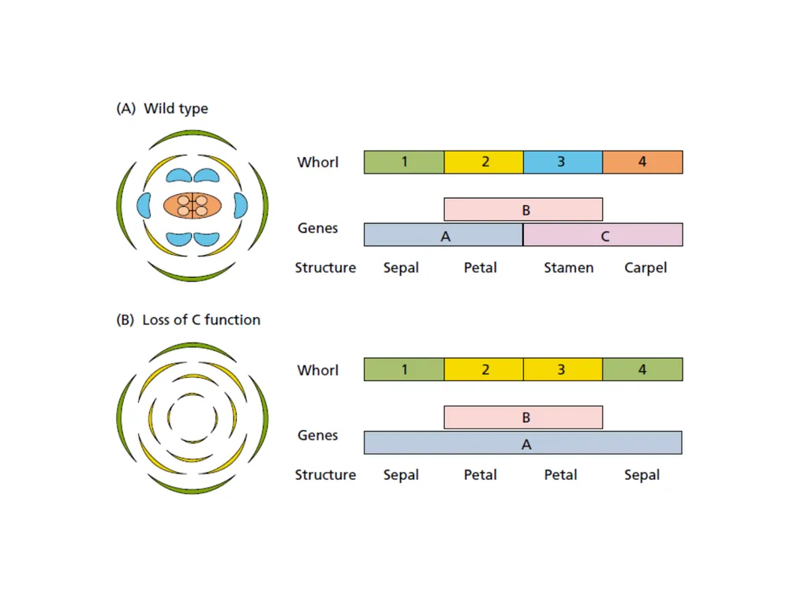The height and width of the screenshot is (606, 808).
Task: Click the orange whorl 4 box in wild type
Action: pyautogui.click(x=642, y=163)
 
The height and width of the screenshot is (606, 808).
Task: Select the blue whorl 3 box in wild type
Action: pyautogui.click(x=563, y=163)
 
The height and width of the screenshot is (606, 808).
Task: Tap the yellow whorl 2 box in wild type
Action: pyautogui.click(x=484, y=163)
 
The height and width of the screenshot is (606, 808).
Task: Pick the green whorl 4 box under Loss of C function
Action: pyautogui.click(x=642, y=369)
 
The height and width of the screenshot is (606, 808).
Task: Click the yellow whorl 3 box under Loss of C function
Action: pyautogui.click(x=563, y=369)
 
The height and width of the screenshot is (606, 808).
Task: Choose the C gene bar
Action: pyautogui.click(x=603, y=235)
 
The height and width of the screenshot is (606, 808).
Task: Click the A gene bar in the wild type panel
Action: pyautogui.click(x=443, y=235)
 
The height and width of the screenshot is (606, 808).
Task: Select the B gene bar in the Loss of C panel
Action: pyautogui.click(x=523, y=417)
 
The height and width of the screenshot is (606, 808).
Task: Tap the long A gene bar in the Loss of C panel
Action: pyautogui.click(x=523, y=443)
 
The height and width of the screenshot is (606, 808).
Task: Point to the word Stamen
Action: pyautogui.click(x=568, y=268)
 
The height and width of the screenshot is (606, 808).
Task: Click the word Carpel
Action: pyautogui.click(x=645, y=268)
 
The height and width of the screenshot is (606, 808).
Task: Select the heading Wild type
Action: pyautogui.click(x=176, y=109)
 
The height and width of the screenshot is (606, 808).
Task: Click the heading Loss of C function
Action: pyautogui.click(x=201, y=320)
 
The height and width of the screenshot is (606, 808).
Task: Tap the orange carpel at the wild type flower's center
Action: pyautogui.click(x=193, y=206)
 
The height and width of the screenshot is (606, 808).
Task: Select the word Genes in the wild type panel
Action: pyautogui.click(x=317, y=228)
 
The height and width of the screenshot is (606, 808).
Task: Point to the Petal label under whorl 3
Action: pyautogui.click(x=561, y=474)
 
